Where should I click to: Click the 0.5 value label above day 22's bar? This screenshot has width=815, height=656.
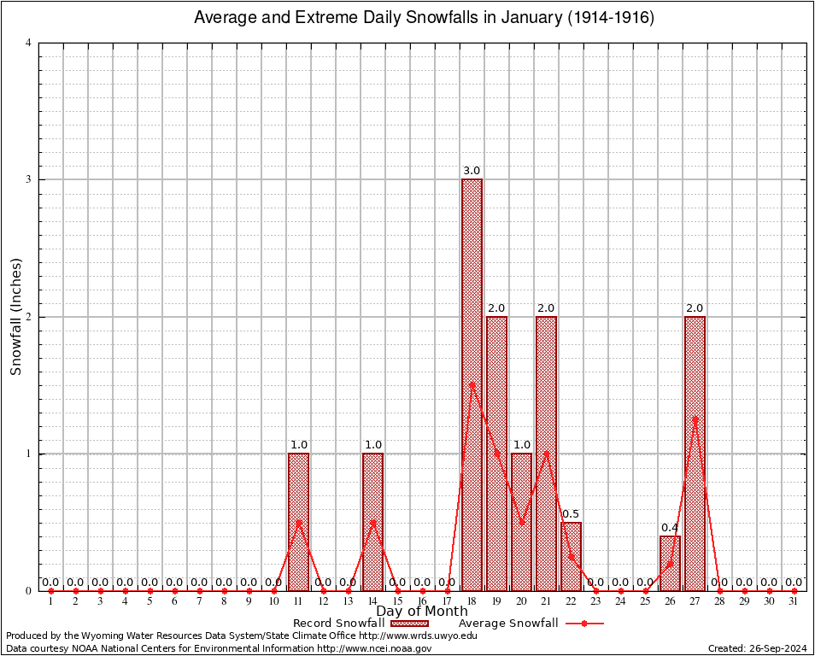coord(571,513)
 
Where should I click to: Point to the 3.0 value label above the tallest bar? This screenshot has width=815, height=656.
coord(472,171)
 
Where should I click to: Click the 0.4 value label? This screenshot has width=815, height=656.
coord(670,527)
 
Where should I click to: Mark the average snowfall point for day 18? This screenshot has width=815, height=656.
coord(472,384)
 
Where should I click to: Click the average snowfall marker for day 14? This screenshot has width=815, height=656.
coord(372,522)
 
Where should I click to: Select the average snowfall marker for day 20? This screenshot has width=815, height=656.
coord(521,522)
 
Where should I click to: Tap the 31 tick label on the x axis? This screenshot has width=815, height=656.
coord(794,602)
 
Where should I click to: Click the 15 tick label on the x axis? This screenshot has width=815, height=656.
coord(397,602)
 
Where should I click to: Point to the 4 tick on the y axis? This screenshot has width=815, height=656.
coord(28,43)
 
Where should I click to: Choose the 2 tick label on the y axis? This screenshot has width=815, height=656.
coord(28,317)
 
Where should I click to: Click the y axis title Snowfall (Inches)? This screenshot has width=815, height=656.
coord(15,317)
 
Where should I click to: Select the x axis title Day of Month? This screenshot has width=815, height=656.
coord(422,612)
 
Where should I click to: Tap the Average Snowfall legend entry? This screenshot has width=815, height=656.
coord(508,624)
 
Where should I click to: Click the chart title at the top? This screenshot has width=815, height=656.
coord(424,17)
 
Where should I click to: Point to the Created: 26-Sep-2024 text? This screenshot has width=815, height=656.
coord(758,648)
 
